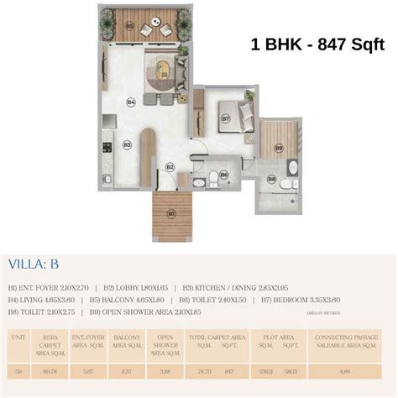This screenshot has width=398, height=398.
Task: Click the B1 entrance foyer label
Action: tap(171, 213)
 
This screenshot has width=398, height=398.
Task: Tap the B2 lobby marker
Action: tap(170, 167)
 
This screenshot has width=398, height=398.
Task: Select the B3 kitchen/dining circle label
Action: tap(127, 144)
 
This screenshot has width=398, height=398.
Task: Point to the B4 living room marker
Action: tap(131, 102)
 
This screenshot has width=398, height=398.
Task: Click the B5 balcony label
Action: tap(129, 26)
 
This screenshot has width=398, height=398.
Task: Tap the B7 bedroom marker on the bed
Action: tap(226, 118)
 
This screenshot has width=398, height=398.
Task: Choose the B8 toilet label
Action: tap(271, 178)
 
